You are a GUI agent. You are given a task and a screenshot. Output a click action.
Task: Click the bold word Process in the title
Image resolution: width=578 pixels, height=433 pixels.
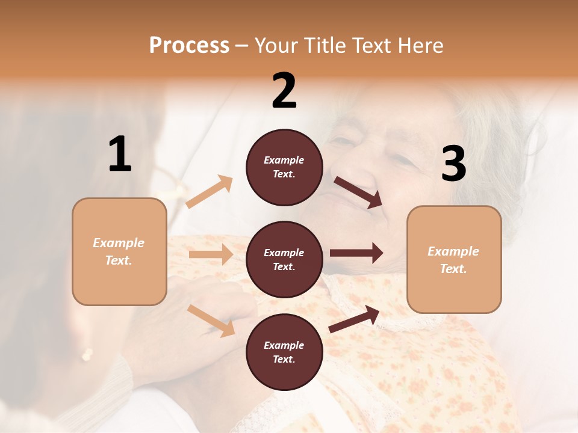click(x=189, y=46)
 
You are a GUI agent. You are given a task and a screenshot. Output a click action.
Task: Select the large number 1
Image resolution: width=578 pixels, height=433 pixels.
click(x=119, y=155)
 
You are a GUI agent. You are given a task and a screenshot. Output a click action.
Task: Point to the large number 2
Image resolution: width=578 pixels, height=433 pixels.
click(x=284, y=91)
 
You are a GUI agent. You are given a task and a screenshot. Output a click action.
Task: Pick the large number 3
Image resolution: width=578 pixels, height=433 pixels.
click(x=453, y=164)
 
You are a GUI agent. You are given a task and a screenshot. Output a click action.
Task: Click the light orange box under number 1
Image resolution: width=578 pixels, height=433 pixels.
click(x=119, y=251)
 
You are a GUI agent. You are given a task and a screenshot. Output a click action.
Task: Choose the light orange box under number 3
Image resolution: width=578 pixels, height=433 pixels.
click(x=454, y=259)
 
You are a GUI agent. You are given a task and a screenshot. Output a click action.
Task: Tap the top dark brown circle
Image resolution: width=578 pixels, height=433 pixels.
click(x=284, y=167)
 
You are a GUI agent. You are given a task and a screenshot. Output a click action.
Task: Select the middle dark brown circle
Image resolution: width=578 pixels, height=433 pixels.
click(x=284, y=259)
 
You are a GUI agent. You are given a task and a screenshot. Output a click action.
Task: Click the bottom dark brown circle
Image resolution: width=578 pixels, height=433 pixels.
click(x=284, y=352)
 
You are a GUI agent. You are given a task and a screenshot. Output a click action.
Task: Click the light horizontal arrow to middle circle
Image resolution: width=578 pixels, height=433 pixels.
click(x=211, y=254)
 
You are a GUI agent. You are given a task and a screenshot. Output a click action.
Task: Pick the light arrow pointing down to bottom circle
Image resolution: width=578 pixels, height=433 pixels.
click(x=211, y=320)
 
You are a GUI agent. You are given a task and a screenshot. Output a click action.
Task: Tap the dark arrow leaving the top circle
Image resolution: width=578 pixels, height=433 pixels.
click(x=358, y=192)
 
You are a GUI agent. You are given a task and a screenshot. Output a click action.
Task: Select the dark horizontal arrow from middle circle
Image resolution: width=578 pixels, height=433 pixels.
click(x=356, y=253)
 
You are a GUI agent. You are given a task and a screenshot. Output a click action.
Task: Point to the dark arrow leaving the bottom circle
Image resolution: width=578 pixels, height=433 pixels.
click(x=354, y=319)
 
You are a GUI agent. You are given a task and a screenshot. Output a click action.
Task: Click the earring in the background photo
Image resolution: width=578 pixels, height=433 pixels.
click(x=87, y=354)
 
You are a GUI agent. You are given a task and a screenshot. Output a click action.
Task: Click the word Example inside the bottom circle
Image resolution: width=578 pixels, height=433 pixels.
click(x=284, y=345)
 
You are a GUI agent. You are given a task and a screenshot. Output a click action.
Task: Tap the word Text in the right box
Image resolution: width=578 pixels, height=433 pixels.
click(x=453, y=269)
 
